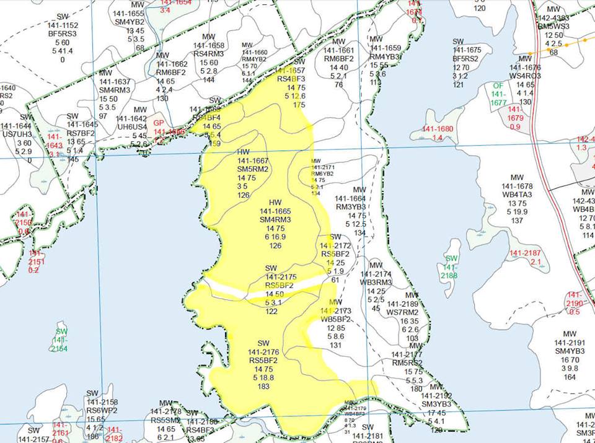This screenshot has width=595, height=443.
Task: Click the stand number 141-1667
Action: point(252,160)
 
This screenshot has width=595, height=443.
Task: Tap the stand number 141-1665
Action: point(275,211)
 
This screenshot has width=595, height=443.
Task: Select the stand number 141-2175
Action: point(281,276)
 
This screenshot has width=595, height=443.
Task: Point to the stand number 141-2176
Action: point(265,351)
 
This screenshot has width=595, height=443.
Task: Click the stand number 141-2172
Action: point(336,245)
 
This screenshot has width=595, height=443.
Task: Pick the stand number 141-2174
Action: point(376,274)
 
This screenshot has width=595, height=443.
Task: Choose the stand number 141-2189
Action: point(403,304)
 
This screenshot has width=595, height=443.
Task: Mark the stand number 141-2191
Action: point(570,343)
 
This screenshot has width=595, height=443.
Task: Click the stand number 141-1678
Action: point(518,186)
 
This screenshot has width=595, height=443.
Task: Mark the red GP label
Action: point(158,123)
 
